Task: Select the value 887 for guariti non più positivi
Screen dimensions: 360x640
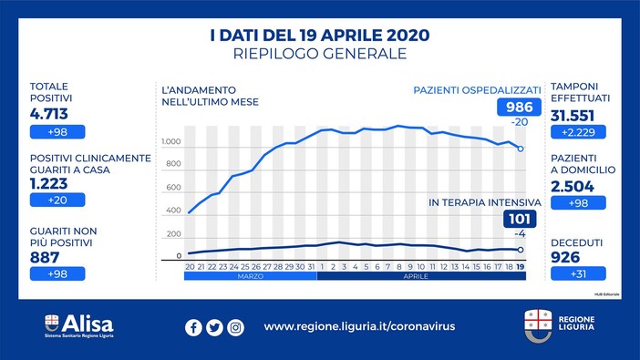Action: coord(47,255)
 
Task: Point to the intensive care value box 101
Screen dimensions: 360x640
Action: coord(519,219)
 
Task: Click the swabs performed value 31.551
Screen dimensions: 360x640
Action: coord(580,115)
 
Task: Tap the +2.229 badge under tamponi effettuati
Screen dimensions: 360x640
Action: coord(579,133)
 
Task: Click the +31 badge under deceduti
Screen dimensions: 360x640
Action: coord(579,273)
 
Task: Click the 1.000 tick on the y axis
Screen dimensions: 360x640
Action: coord(170,143)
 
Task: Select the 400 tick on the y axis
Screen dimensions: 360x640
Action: coord(173,211)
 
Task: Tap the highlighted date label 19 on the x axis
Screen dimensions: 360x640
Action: coord(520,266)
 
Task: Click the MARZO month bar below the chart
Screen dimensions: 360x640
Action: coord(250,277)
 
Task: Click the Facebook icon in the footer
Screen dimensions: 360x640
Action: coord(193,327)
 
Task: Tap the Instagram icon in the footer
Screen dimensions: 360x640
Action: coord(235,327)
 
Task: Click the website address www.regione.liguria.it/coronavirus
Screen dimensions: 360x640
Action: coord(359,326)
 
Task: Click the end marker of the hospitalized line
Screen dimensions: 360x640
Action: coord(520,149)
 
